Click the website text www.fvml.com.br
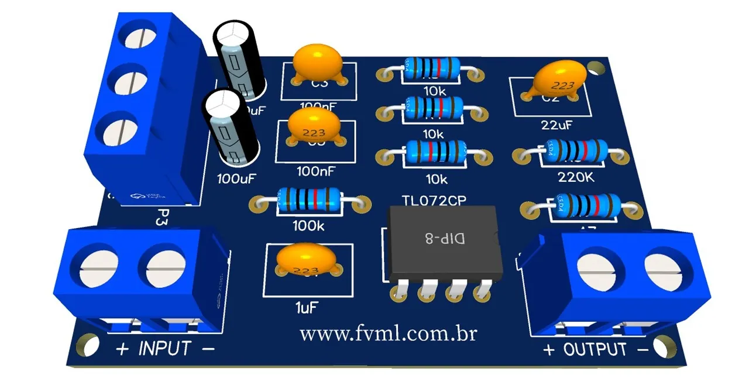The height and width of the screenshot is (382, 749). (x=388, y=335)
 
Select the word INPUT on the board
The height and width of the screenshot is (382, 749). (x=164, y=349)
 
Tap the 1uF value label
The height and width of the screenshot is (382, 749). (x=308, y=306)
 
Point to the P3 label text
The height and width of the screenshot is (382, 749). (x=163, y=220)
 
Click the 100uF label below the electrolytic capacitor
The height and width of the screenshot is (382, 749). (x=236, y=177)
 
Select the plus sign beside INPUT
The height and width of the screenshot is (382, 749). (x=122, y=349)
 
